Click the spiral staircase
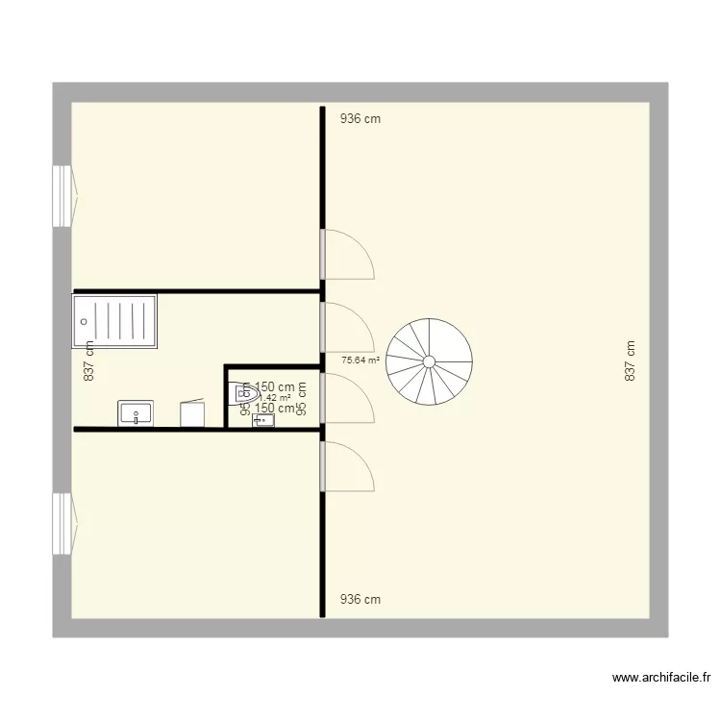pyautogui.click(x=429, y=361)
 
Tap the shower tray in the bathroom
pyautogui.click(x=116, y=320)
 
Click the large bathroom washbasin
pyautogui.click(x=136, y=414)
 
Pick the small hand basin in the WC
pyautogui.click(x=262, y=420)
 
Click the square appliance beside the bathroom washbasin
pyautogui.click(x=192, y=413)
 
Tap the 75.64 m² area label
pyautogui.click(x=360, y=361)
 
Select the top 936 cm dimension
pyautogui.click(x=360, y=120)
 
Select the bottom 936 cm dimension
pyautogui.click(x=360, y=600)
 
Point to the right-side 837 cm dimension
pyautogui.click(x=631, y=361)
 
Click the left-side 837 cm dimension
pyautogui.click(x=88, y=361)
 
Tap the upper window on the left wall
pyautogui.click(x=62, y=196)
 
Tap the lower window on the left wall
pyautogui.click(x=62, y=524)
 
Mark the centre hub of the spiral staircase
pyautogui.click(x=429, y=361)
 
